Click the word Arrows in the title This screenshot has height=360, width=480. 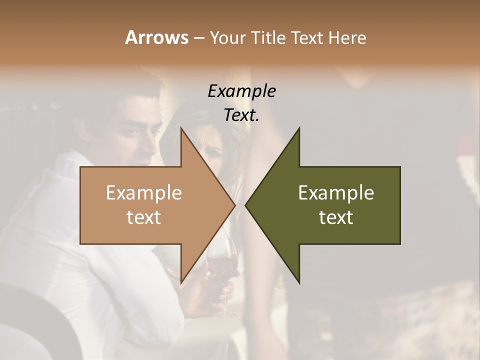pyautogui.click(x=156, y=37)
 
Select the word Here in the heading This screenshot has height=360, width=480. pyautogui.click(x=347, y=37)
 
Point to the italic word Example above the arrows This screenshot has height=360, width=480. pyautogui.click(x=241, y=91)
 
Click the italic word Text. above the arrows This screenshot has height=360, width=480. pyautogui.click(x=241, y=115)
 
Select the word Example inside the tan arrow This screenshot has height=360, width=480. pyautogui.click(x=144, y=192)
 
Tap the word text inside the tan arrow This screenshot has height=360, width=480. pyautogui.click(x=144, y=217)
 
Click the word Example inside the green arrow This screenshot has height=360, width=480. pyautogui.click(x=336, y=192)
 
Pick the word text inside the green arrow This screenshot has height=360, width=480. pyautogui.click(x=336, y=217)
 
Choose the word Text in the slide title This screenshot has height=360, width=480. pyautogui.click(x=306, y=37)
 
